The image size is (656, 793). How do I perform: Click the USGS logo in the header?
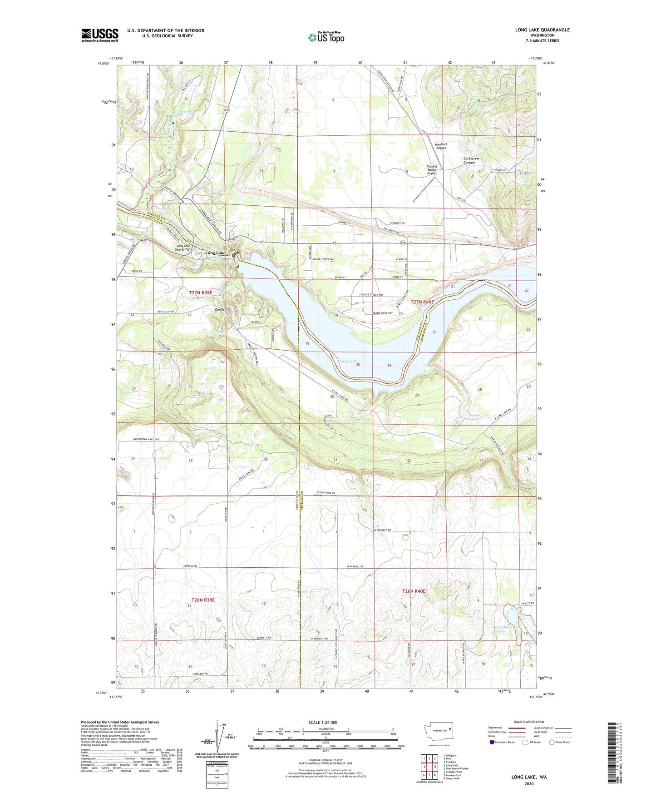99,35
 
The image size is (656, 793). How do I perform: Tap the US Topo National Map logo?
326,37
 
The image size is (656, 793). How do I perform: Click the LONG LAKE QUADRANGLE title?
542,30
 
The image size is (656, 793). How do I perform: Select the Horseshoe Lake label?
501,629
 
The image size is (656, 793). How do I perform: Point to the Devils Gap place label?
223,309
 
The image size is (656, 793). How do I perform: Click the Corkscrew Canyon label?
471,160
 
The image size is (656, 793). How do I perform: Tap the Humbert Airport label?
441,146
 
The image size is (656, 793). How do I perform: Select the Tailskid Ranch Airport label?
432,169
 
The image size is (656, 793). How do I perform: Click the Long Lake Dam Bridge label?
183,248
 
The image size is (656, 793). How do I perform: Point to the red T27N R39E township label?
201,293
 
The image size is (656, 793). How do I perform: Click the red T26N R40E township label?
414,591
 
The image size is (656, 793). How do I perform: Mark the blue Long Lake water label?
348,361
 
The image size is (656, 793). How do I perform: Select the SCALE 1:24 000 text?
323,722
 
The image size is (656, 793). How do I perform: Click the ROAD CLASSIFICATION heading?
529,722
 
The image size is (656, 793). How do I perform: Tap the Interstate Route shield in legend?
493,742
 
